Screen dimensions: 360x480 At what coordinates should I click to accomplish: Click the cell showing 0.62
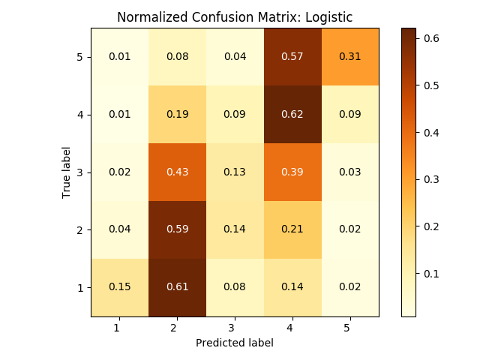tap(292, 115)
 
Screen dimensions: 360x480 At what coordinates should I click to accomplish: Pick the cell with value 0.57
tap(292, 57)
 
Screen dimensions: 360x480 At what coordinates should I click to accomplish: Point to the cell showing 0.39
tap(292, 172)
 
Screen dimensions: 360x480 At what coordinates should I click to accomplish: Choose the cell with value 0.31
tap(349, 57)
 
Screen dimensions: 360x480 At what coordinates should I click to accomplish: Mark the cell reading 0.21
tap(292, 229)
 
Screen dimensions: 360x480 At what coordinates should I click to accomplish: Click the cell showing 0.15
tap(120, 287)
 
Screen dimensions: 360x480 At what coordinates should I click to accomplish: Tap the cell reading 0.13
tap(235, 172)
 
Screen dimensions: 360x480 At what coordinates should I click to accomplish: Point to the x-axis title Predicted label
tap(235, 343)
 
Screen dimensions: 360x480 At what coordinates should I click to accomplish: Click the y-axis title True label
tap(66, 172)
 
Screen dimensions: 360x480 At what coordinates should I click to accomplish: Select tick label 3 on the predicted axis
tap(235, 328)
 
